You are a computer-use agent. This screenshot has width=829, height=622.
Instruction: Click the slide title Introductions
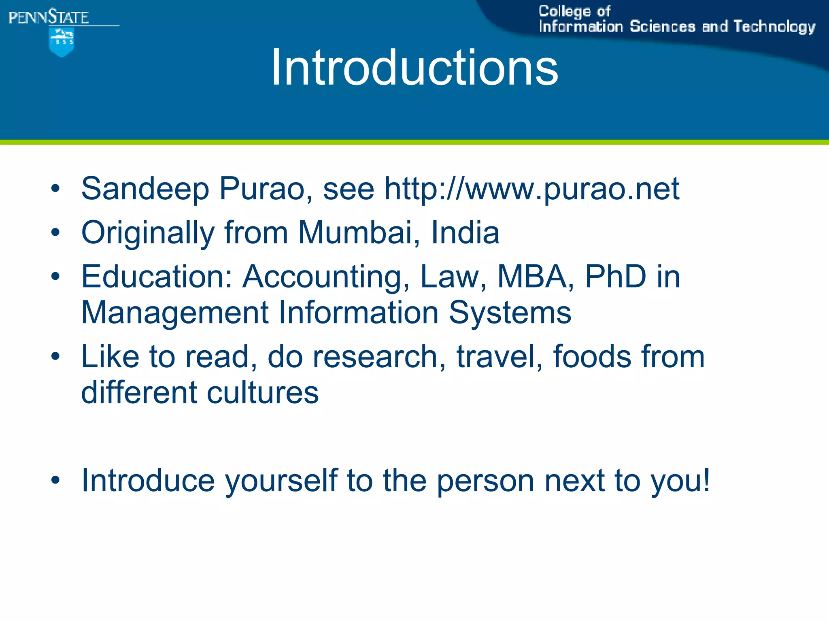(x=414, y=67)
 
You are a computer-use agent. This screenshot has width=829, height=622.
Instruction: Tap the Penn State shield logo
(x=62, y=42)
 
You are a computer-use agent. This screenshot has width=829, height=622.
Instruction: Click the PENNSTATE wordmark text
(x=49, y=17)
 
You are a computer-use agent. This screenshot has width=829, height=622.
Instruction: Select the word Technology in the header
(x=774, y=27)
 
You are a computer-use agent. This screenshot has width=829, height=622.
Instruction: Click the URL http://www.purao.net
(x=531, y=189)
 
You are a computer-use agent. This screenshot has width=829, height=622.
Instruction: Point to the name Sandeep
(x=145, y=189)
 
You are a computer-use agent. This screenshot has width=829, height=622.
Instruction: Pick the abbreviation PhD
(x=615, y=277)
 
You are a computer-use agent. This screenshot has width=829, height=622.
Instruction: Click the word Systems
(x=510, y=313)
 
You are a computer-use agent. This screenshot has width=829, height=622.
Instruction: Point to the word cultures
(x=263, y=393)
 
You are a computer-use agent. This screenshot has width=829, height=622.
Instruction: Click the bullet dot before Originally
(x=55, y=233)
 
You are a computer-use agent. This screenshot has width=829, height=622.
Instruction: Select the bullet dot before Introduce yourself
(x=55, y=481)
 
